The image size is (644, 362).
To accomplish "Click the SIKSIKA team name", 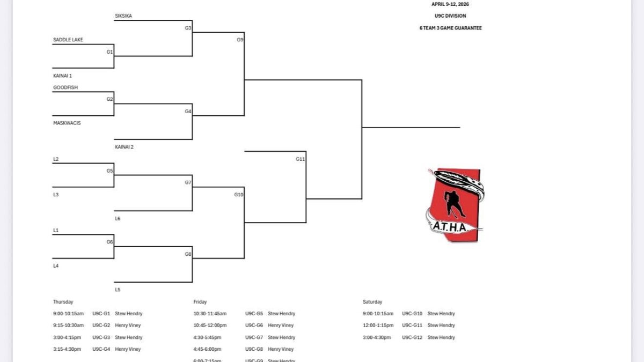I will (x=123, y=16).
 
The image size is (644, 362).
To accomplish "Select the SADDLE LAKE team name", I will (x=68, y=40).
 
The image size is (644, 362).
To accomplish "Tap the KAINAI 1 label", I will (x=62, y=76).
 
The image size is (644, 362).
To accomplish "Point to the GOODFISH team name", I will (x=65, y=87).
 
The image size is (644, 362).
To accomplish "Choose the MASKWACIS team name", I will (x=67, y=123).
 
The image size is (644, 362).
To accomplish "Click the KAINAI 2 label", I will (x=124, y=146).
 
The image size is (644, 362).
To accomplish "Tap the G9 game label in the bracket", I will (x=240, y=40).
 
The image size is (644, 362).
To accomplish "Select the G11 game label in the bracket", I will (x=300, y=159).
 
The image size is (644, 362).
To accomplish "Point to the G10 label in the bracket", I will (x=239, y=195).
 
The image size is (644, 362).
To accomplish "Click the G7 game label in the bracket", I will (x=188, y=182).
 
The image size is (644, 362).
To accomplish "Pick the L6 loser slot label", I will (x=118, y=219).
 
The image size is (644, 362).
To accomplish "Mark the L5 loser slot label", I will (x=118, y=290).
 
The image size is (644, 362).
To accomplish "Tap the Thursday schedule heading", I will (x=63, y=302).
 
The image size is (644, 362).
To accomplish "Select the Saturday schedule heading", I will (x=372, y=302).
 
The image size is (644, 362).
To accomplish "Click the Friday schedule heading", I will (x=200, y=302).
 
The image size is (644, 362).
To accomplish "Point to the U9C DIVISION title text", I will (x=450, y=16).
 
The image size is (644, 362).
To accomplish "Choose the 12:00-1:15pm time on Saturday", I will (x=378, y=326).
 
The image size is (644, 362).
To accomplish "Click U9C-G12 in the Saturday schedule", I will (x=412, y=337).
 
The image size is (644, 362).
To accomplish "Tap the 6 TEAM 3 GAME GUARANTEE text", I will (x=450, y=28).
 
